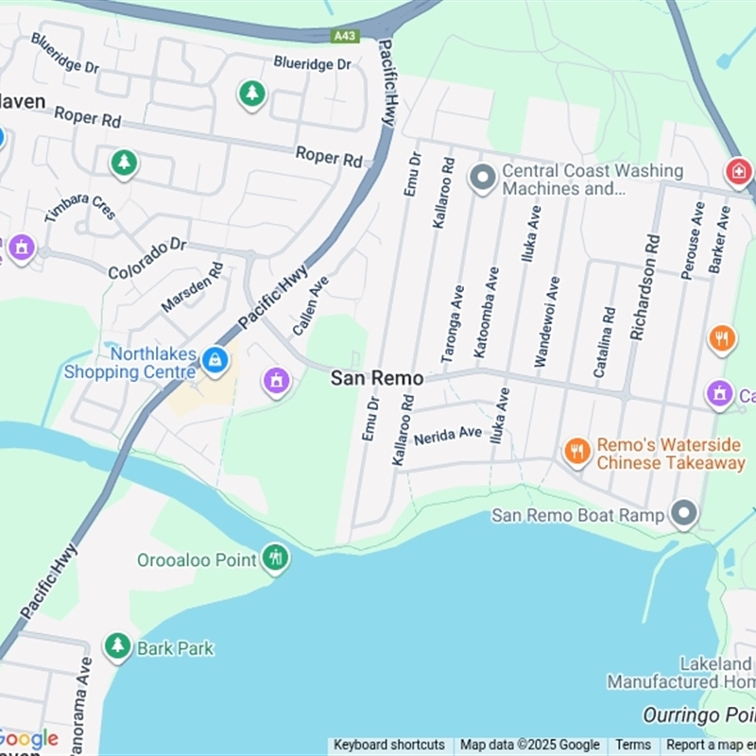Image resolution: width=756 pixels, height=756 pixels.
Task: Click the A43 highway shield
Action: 345,36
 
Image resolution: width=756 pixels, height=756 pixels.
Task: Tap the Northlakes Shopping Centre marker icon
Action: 215,361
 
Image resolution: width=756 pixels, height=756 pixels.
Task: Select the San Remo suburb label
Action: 376,378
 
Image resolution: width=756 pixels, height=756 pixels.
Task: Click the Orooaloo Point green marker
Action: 275,557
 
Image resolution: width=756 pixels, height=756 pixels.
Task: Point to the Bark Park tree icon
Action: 117,646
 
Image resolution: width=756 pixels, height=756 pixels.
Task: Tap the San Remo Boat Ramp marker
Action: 683,514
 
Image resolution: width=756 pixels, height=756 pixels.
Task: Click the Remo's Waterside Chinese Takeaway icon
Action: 576,451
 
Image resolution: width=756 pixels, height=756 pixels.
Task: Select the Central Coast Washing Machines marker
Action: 483,178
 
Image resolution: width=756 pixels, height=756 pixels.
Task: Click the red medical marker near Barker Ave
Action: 738,172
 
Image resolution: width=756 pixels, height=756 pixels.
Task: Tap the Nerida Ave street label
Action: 448,435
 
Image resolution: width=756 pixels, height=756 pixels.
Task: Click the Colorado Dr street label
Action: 147,259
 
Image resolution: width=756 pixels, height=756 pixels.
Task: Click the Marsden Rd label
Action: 192,288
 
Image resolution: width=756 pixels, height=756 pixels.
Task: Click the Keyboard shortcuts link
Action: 388,746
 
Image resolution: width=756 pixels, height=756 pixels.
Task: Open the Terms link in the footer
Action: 633,746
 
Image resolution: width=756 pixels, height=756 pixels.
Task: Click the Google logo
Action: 28,739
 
